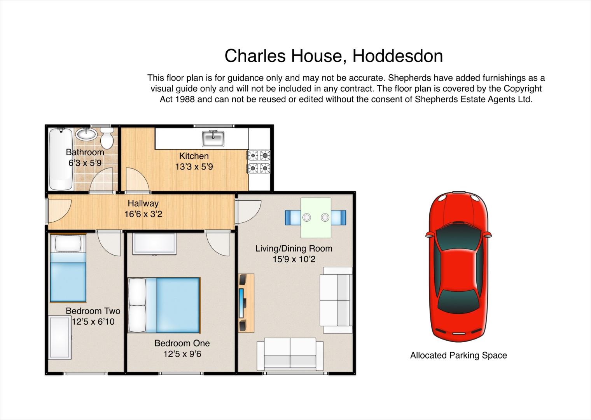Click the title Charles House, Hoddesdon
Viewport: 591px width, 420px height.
tap(334, 56)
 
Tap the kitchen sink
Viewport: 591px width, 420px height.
tap(213, 138)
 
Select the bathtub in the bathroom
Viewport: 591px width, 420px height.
tap(61, 159)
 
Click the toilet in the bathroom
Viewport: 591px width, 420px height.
tap(107, 138)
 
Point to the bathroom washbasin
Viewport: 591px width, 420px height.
tap(86, 134)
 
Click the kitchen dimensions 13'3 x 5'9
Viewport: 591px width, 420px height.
tap(194, 167)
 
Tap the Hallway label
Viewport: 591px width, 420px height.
tap(143, 203)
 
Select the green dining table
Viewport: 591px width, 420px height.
tap(316, 218)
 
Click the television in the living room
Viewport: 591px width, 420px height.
tap(241, 303)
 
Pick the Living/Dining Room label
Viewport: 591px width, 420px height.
tap(294, 248)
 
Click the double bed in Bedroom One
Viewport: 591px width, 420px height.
tap(164, 305)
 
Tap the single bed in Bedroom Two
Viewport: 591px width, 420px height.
tap(68, 268)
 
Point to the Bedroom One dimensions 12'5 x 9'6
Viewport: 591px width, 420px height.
tap(182, 354)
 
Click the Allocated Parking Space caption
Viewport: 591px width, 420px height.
tap(458, 355)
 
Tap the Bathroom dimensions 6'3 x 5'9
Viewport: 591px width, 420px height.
tap(85, 163)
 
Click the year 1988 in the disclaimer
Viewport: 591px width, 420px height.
tap(184, 99)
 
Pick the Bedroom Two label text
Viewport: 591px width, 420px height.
tap(93, 311)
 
